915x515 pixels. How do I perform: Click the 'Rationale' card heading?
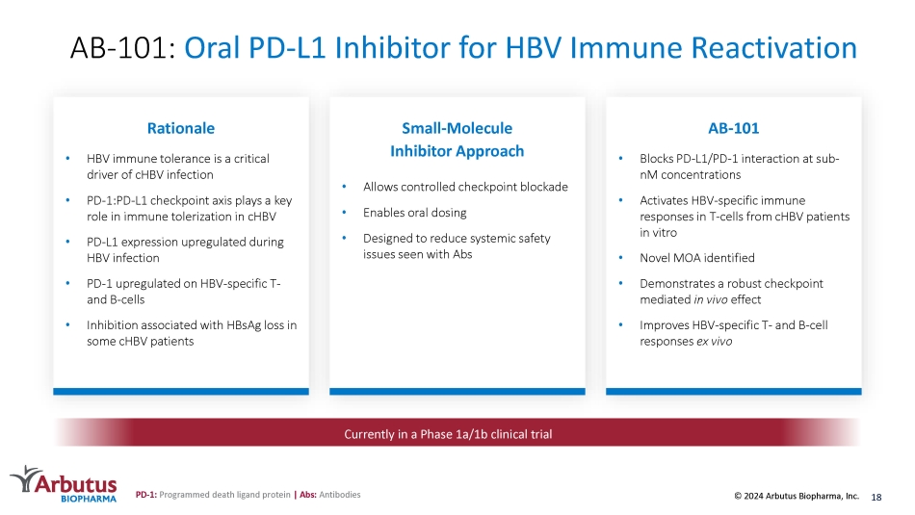pos(180,128)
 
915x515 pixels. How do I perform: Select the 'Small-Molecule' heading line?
pos(457,128)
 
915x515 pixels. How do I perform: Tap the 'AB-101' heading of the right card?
pos(734,128)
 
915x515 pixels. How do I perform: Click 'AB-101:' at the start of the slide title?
pos(122,48)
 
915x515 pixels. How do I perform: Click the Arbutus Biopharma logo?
pos(64,484)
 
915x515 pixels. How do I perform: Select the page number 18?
pos(876,497)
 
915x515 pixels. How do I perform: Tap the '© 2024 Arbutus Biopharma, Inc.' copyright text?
pos(797,496)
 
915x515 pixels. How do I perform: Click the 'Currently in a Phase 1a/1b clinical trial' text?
pos(448,434)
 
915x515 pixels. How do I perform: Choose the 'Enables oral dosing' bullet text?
pos(414,213)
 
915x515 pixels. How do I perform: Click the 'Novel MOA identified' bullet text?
pos(696,258)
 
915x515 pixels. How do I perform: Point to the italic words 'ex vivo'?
pos(714,341)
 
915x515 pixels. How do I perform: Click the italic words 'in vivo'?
pos(710,299)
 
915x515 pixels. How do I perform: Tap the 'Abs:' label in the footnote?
pos(308,495)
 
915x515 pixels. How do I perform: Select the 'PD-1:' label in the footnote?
pos(145,495)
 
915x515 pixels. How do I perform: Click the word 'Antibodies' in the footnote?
pos(340,495)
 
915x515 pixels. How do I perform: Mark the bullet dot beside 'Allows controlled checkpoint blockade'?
pos(344,187)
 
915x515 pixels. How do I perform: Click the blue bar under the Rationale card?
pos(181,392)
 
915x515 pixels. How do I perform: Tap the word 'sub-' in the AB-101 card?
pos(827,159)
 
